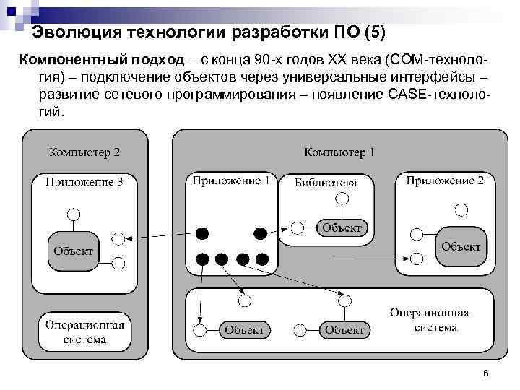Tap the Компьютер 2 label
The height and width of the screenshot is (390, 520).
pos(84,152)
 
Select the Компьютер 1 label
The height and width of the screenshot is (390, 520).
pos(339,152)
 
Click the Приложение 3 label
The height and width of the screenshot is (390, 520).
pos(84,182)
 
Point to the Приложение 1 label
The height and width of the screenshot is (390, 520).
pos(231,181)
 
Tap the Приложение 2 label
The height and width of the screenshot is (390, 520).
pos(445,181)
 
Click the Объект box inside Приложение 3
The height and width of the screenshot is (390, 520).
pos(73,251)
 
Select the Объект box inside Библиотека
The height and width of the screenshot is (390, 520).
pos(342,228)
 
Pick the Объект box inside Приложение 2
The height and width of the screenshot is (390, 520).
pos(461,246)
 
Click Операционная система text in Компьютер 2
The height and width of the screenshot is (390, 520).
pos(84,331)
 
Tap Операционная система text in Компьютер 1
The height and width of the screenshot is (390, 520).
pos(429,320)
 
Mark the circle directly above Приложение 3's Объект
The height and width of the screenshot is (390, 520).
pos(72,214)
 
